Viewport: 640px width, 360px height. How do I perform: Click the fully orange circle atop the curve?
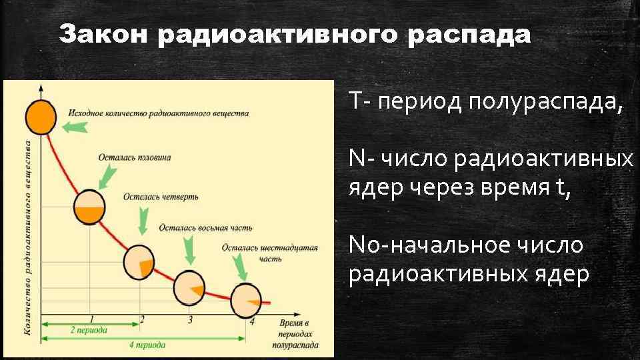(x=41, y=116)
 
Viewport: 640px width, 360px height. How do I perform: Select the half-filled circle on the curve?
(x=89, y=207)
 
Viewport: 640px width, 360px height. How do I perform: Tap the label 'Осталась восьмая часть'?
(x=205, y=228)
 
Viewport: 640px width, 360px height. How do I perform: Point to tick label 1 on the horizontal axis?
(x=91, y=319)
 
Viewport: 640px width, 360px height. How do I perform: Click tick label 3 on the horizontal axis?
(x=191, y=320)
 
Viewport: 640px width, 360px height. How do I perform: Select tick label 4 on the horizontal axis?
(x=251, y=321)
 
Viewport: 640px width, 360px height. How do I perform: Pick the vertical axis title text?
(x=29, y=237)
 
